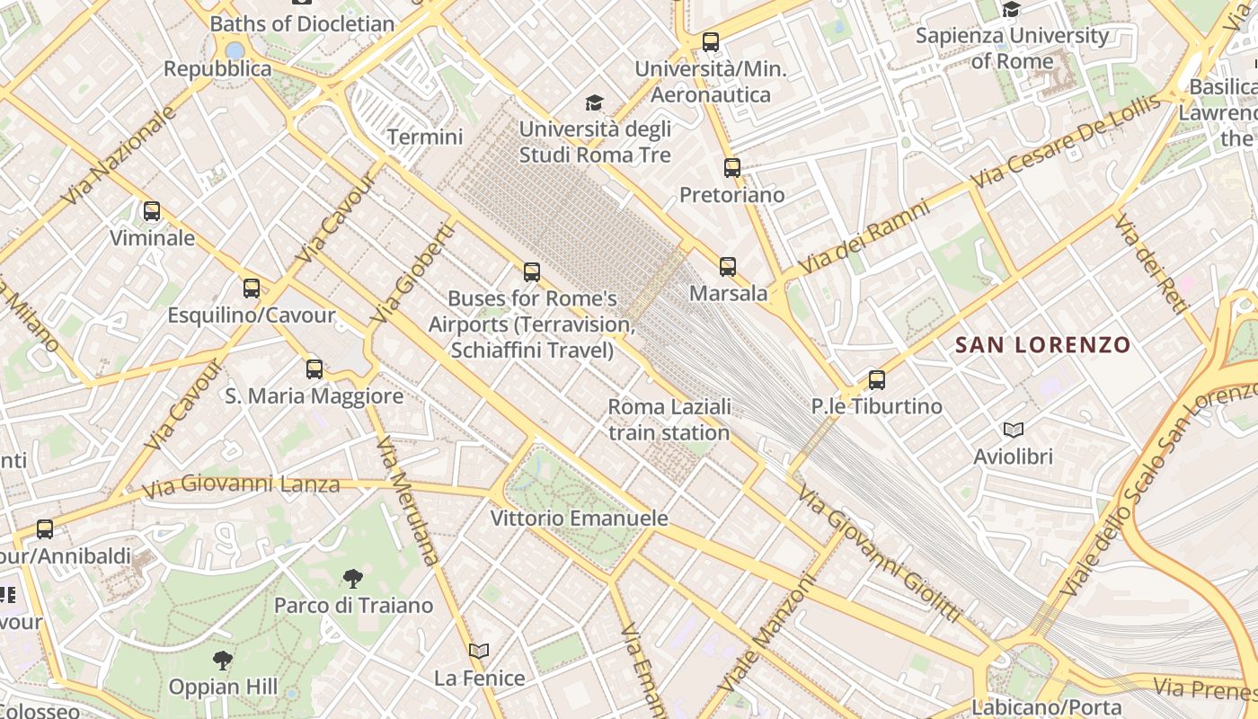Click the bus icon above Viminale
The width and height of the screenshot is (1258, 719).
click(152, 211)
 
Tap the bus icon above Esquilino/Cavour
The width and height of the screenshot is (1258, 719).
click(252, 288)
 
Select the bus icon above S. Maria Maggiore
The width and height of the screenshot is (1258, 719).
click(314, 368)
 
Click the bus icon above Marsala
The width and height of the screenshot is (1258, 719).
click(728, 266)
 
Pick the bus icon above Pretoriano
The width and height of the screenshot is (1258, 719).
click(732, 168)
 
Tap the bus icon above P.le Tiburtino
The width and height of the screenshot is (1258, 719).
click(877, 379)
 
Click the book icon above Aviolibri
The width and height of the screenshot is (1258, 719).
click(1014, 430)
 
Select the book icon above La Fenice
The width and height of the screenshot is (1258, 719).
click(480, 651)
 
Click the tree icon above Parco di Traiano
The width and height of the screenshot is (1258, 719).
click(353, 578)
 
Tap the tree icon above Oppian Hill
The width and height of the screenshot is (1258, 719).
click(223, 661)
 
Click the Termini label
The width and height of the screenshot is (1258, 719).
click(425, 137)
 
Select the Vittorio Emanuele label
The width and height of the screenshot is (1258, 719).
click(580, 519)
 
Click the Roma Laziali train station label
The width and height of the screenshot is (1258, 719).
click(669, 420)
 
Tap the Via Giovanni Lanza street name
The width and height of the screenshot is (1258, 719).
click(241, 485)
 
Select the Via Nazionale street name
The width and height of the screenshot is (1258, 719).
click(120, 155)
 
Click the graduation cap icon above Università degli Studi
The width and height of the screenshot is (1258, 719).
click(594, 102)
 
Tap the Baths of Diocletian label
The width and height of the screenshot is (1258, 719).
click(302, 23)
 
